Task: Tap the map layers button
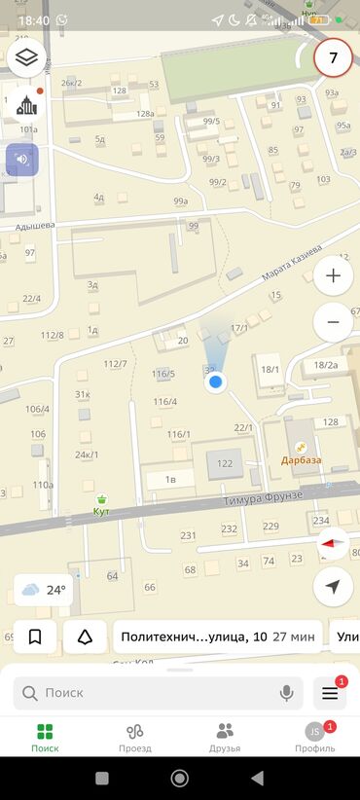click(27, 57)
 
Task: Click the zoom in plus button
click(334, 275)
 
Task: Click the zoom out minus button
click(334, 321)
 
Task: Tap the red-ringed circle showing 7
click(334, 58)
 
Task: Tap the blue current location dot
click(217, 382)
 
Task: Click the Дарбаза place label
click(302, 459)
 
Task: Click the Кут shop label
click(101, 510)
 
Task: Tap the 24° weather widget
click(44, 590)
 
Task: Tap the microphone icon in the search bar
click(287, 693)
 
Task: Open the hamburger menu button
click(329, 693)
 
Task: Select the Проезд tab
click(134, 738)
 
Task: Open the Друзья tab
click(225, 738)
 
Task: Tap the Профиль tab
click(314, 738)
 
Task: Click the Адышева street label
click(34, 226)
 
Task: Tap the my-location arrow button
click(334, 587)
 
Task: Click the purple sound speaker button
click(21, 160)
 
